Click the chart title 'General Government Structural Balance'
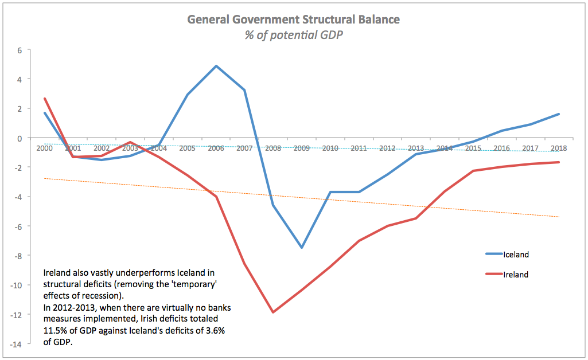click(294, 19)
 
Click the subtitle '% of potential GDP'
click(294, 34)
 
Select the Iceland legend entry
click(516, 254)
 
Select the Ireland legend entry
click(516, 275)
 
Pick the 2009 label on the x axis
click(301, 148)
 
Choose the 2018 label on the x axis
click(558, 148)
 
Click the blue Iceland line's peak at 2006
click(216, 66)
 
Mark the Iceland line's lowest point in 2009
click(301, 248)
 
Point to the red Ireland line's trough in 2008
click(272, 312)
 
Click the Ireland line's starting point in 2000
click(44, 99)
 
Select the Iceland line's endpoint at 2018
click(559, 114)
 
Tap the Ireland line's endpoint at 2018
click(559, 162)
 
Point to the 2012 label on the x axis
click(387, 148)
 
